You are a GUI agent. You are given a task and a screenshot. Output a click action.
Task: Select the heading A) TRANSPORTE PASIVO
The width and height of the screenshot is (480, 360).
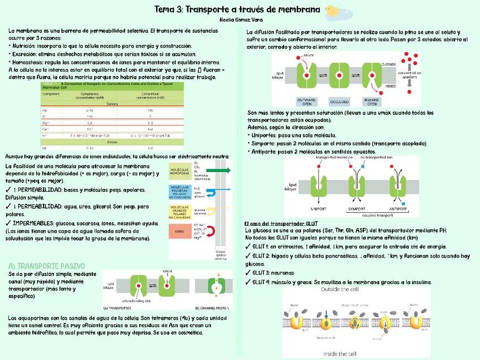click(46, 265)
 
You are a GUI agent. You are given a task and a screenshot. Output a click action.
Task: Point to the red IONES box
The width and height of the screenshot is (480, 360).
click(179, 231)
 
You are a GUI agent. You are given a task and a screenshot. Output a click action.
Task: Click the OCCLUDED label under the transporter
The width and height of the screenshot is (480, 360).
click(339, 102)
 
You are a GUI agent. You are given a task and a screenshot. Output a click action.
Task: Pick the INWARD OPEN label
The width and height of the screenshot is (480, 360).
click(371, 102)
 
